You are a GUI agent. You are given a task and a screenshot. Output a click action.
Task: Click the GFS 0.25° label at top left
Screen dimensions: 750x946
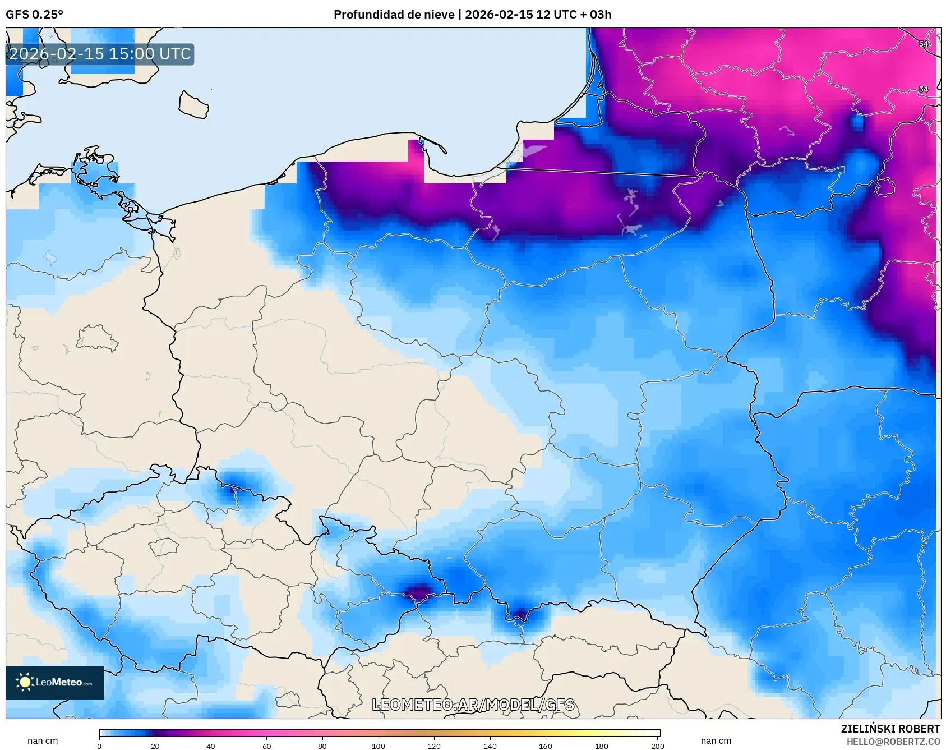point(34,15)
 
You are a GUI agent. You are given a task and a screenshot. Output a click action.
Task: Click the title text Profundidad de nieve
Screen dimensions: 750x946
point(394,15)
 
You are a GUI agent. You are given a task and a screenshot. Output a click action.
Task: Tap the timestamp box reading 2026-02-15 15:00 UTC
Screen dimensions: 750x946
point(100,54)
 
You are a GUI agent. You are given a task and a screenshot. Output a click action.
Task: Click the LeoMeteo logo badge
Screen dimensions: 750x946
point(55,682)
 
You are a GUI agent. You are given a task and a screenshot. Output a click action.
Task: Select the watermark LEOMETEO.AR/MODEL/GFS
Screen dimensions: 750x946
point(473,705)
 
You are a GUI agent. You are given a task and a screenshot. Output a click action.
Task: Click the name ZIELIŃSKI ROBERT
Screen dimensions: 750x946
point(890,729)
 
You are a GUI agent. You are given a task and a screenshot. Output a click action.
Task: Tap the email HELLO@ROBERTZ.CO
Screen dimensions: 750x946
point(893,742)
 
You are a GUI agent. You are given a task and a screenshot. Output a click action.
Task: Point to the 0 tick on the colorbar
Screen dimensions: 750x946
point(99,746)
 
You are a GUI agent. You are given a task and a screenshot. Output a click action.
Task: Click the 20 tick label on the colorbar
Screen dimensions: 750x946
point(155,746)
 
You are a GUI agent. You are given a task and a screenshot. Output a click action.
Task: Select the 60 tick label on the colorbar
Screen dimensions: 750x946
point(266,746)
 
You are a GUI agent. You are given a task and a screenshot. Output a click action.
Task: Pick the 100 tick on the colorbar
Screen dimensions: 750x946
point(378,746)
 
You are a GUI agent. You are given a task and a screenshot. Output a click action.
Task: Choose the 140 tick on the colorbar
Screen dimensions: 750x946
point(490,746)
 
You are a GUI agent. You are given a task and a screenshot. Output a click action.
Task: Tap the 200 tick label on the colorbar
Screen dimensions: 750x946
point(657,746)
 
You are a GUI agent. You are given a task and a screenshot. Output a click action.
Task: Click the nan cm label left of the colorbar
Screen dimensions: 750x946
point(43,740)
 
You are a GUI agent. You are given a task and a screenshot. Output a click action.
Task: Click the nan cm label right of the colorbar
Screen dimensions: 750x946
point(716,740)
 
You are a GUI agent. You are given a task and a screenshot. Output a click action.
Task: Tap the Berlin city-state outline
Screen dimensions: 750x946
point(96,338)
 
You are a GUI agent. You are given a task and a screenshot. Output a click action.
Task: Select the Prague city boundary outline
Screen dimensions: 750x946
point(163,546)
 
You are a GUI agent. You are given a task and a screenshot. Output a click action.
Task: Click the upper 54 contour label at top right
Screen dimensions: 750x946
point(923,44)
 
